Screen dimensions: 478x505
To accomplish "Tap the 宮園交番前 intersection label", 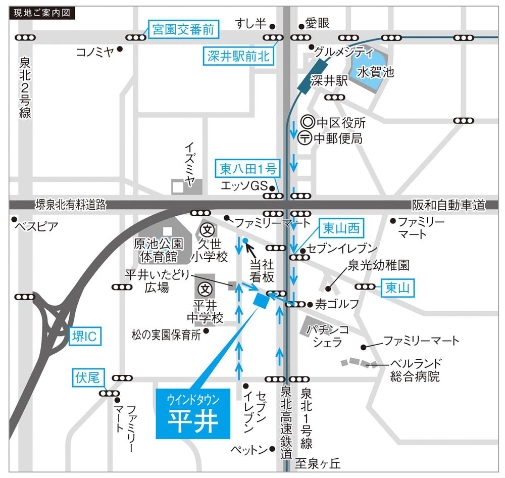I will (183, 30).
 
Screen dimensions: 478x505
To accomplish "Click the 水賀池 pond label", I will (375, 72).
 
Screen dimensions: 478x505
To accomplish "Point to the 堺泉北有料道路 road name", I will (71, 205).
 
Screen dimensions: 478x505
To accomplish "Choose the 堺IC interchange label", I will (85, 335).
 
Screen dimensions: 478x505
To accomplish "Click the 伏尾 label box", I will (88, 377).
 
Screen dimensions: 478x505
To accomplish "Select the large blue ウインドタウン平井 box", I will (193, 414).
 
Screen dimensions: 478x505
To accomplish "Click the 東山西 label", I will (341, 229).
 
